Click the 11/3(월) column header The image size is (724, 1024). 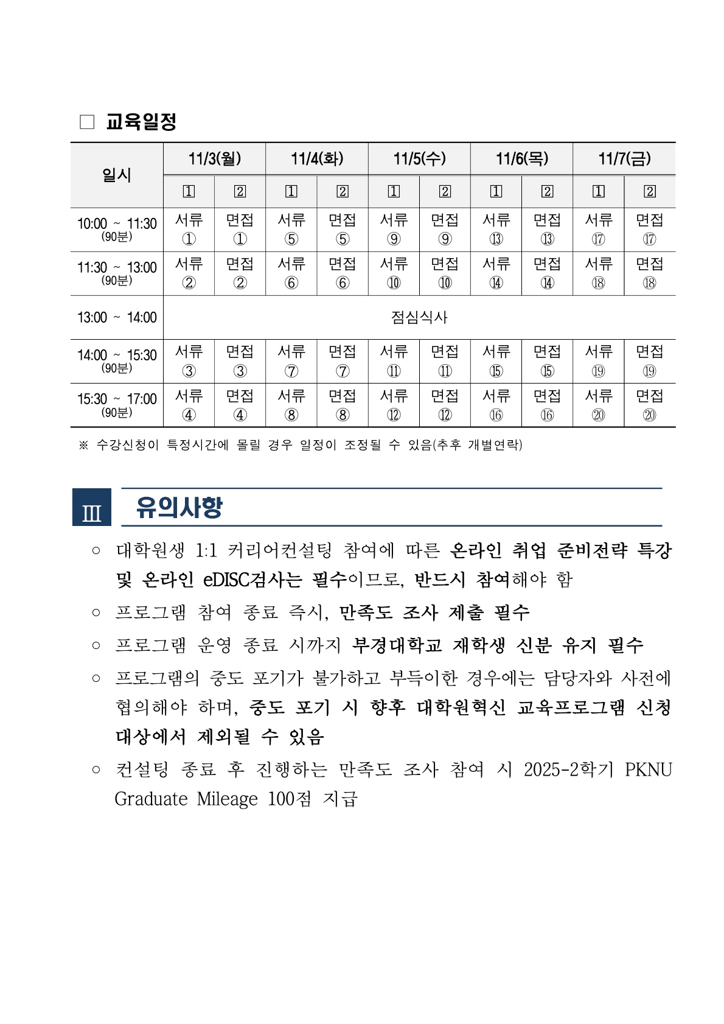[214, 159]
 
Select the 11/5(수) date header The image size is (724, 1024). [419, 159]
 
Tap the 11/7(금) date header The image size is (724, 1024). [624, 159]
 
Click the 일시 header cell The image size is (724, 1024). [117, 175]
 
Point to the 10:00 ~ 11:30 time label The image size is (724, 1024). [117, 224]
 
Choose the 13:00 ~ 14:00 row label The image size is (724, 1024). [117, 317]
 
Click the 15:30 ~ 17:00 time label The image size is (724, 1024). [117, 399]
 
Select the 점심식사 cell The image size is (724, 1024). [419, 317]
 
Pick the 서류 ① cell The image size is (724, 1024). [189, 230]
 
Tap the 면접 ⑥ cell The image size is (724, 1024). [343, 273]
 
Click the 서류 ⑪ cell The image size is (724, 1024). [394, 361]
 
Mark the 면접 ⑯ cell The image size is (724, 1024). [548, 405]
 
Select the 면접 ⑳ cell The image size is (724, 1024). [650, 405]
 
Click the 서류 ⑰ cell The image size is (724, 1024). [599, 230]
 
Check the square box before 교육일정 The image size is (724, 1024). [88, 122]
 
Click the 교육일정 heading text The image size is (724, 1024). [141, 122]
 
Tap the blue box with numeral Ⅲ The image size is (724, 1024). [92, 507]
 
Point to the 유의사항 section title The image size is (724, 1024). [179, 507]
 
